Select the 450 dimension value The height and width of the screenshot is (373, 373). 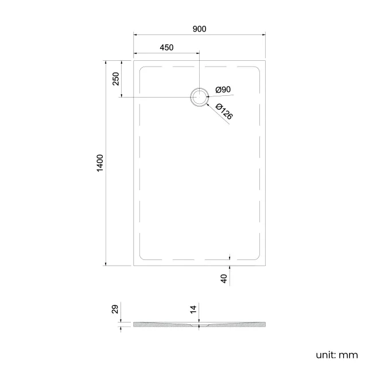pyautogui.click(x=166, y=48)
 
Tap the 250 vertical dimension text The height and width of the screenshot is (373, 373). pyautogui.click(x=115, y=78)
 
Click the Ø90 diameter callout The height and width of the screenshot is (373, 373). pyautogui.click(x=223, y=90)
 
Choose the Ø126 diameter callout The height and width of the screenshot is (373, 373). pyautogui.click(x=224, y=111)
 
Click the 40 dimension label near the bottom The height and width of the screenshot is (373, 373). pyautogui.click(x=224, y=278)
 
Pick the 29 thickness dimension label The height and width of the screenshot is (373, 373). pyautogui.click(x=115, y=310)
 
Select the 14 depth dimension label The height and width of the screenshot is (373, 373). pyautogui.click(x=193, y=310)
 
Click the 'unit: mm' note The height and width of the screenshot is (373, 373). pyautogui.click(x=336, y=355)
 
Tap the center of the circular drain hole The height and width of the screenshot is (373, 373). pyautogui.click(x=199, y=97)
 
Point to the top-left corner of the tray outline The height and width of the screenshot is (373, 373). pyautogui.click(x=134, y=59)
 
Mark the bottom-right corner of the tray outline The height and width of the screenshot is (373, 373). pyautogui.click(x=266, y=266)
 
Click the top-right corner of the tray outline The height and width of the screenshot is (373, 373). pyautogui.click(x=266, y=59)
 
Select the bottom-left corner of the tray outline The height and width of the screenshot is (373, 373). pyautogui.click(x=134, y=266)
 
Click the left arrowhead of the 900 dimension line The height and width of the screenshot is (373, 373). pyautogui.click(x=135, y=34)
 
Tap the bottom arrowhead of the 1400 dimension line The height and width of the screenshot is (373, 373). pyautogui.click(x=106, y=264)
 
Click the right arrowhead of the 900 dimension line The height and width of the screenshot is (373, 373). pyautogui.click(x=264, y=34)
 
